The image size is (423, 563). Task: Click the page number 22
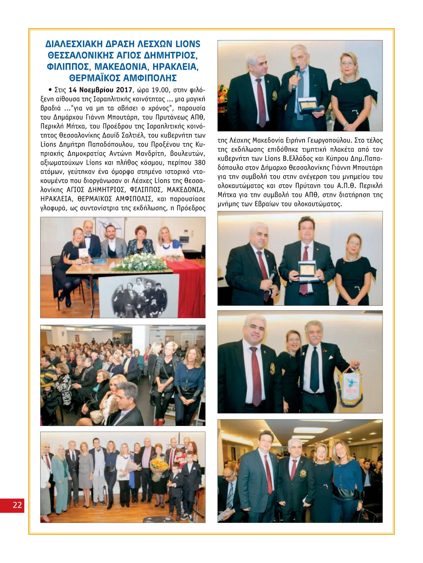(17, 505)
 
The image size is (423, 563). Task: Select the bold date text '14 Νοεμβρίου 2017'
(100, 90)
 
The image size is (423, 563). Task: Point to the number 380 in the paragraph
(200, 163)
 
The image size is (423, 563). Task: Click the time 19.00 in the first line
(160, 90)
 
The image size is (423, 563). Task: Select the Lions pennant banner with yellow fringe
(349, 387)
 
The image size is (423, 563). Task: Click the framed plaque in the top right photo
(308, 105)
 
